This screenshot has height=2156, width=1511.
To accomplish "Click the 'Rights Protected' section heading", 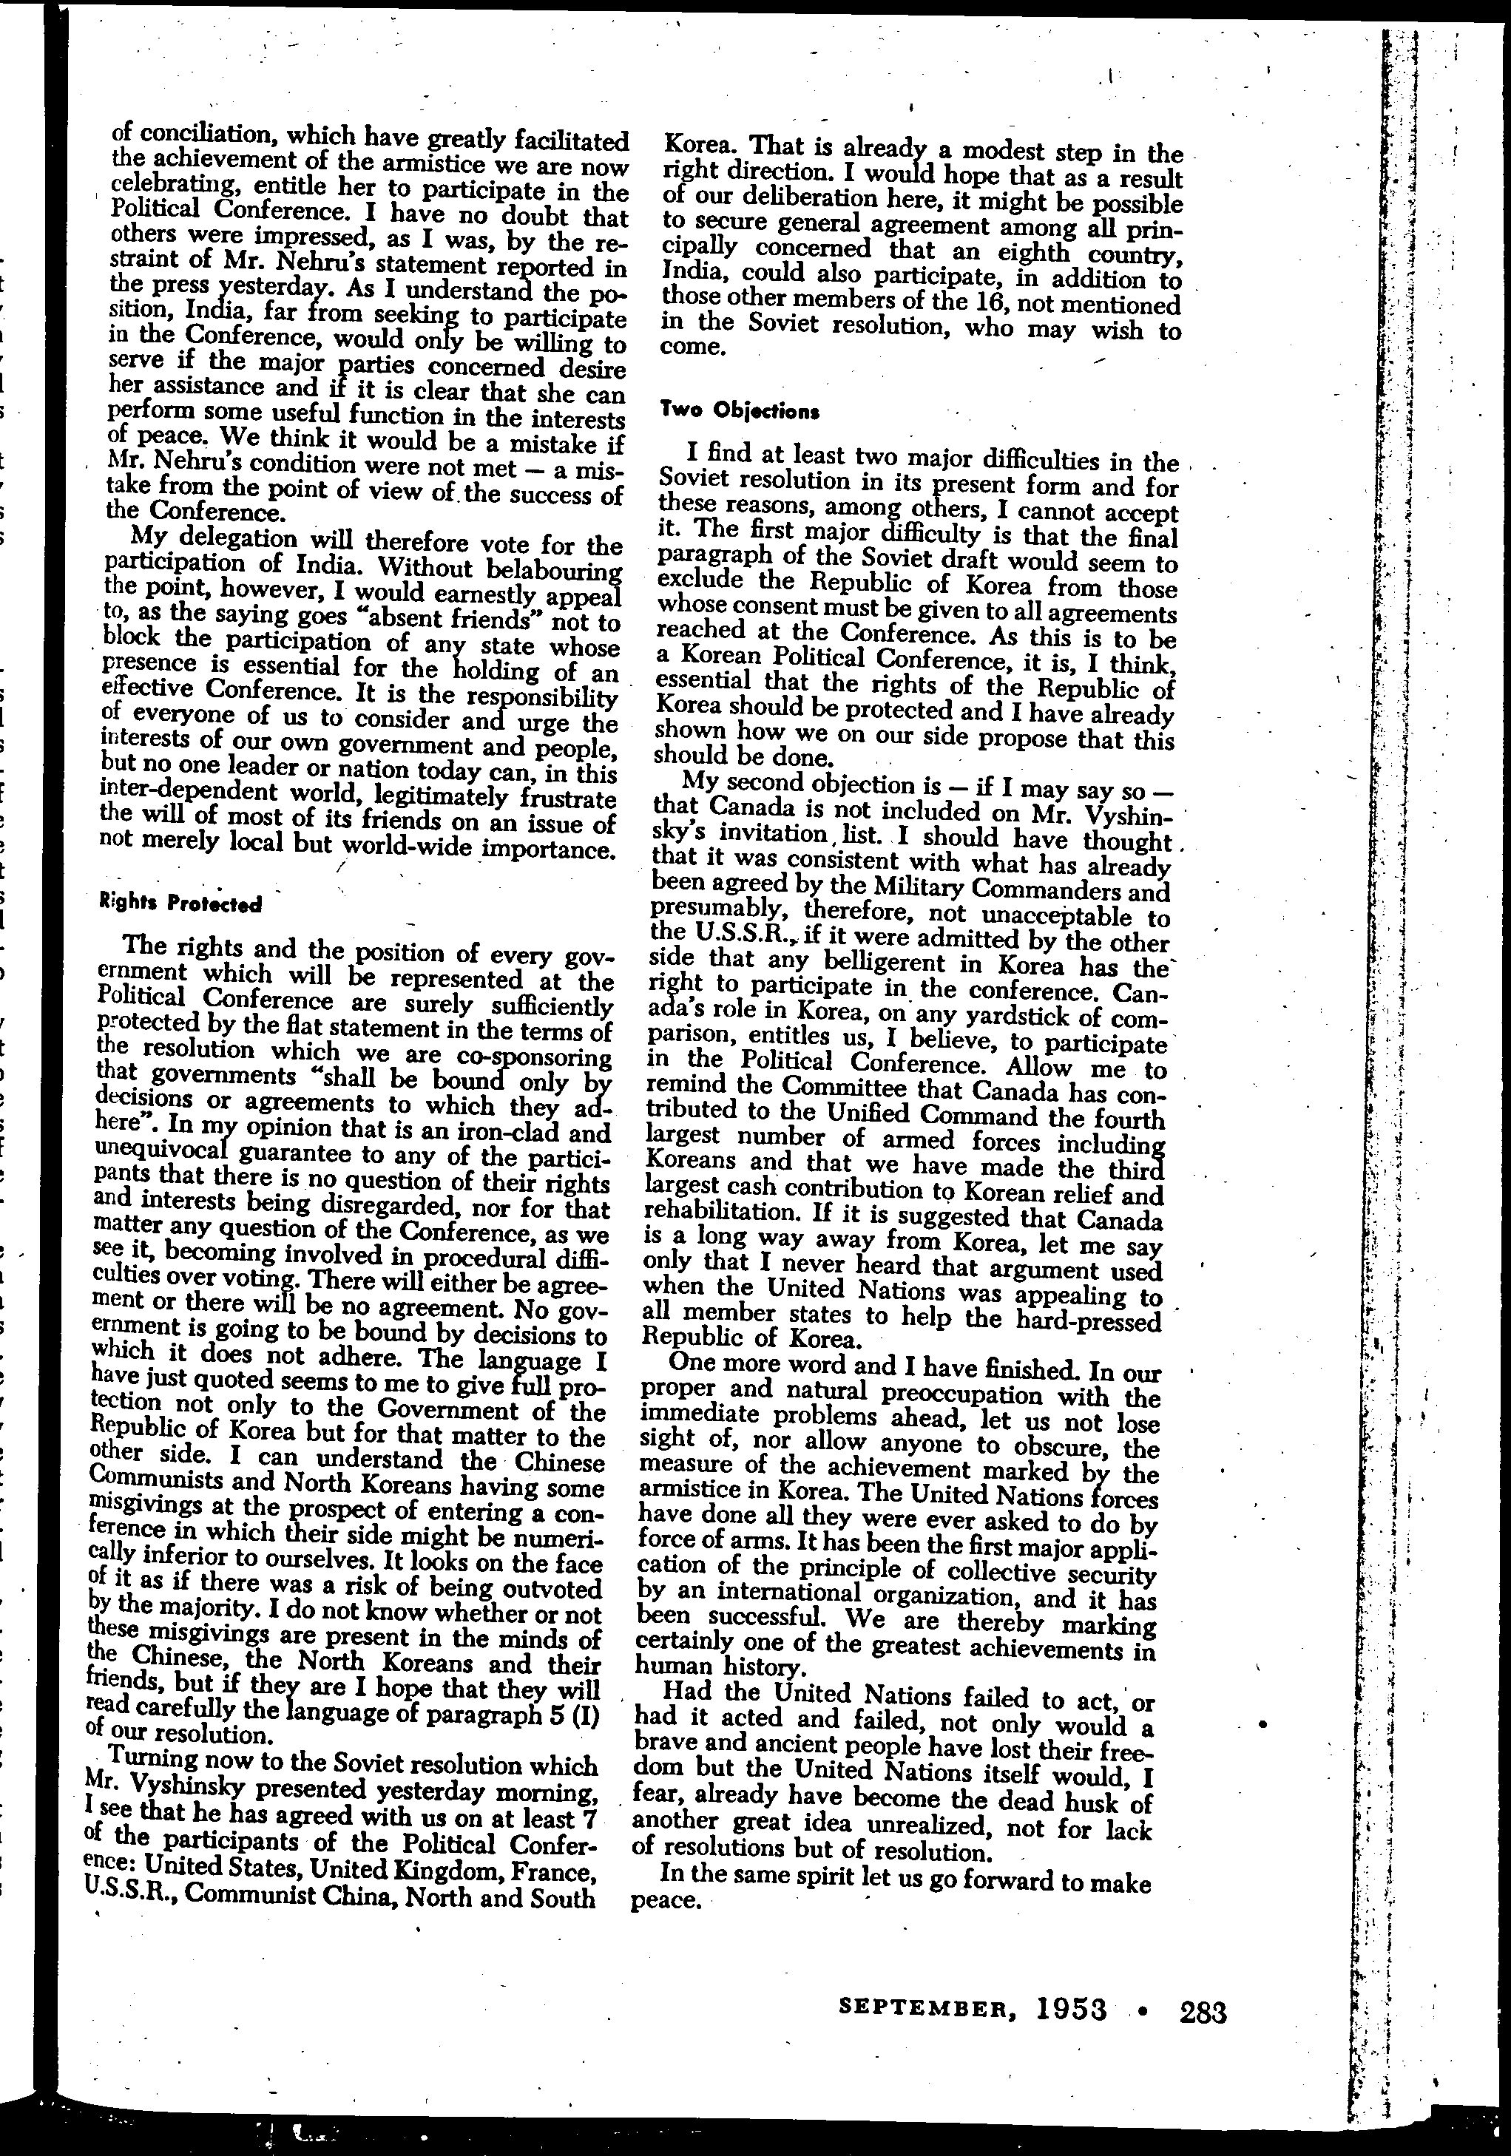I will click(180, 904).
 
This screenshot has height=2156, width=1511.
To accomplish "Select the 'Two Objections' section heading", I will click(740, 410).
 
